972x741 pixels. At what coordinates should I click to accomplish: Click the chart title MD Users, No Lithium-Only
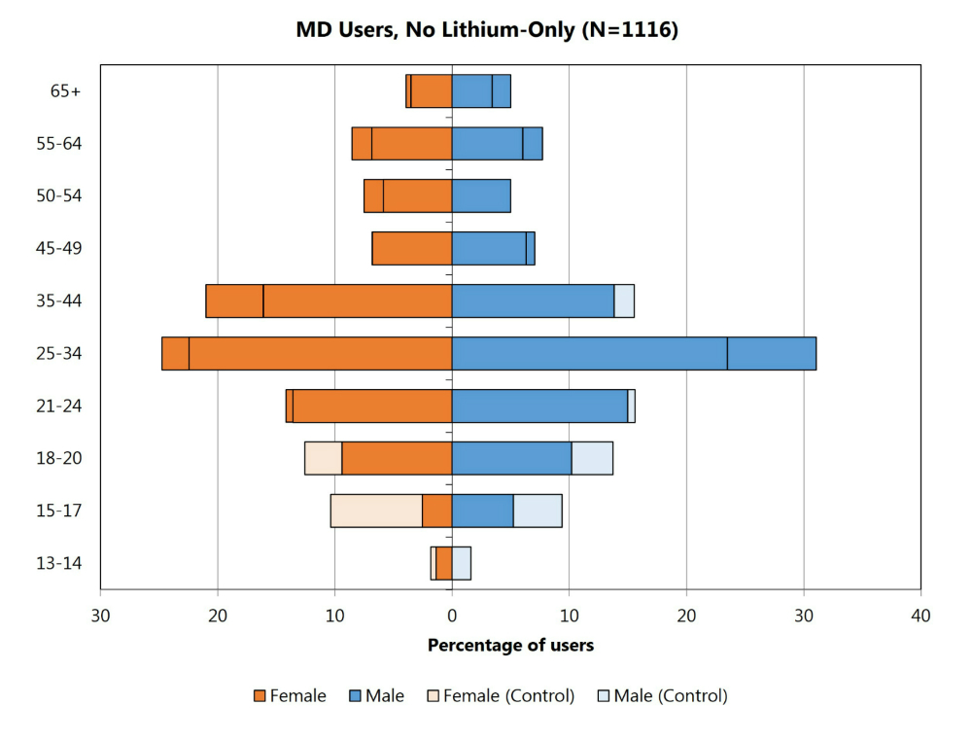(x=487, y=30)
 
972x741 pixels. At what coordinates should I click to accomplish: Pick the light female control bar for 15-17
(x=376, y=511)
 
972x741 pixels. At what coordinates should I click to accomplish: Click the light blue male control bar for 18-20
(x=592, y=458)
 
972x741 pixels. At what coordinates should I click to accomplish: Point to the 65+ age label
(x=66, y=91)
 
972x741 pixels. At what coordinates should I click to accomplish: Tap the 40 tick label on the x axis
(x=920, y=616)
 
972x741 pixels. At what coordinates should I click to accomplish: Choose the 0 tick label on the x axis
(x=452, y=616)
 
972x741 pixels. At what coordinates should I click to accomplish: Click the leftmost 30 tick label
(x=100, y=616)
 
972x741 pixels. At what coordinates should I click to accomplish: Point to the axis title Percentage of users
(x=510, y=645)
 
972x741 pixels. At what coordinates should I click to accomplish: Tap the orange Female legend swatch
(x=260, y=695)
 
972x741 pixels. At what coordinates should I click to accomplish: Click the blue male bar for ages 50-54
(x=481, y=195)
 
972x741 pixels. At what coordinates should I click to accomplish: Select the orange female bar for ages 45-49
(x=412, y=248)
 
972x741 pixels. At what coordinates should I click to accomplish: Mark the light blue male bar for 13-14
(x=462, y=563)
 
